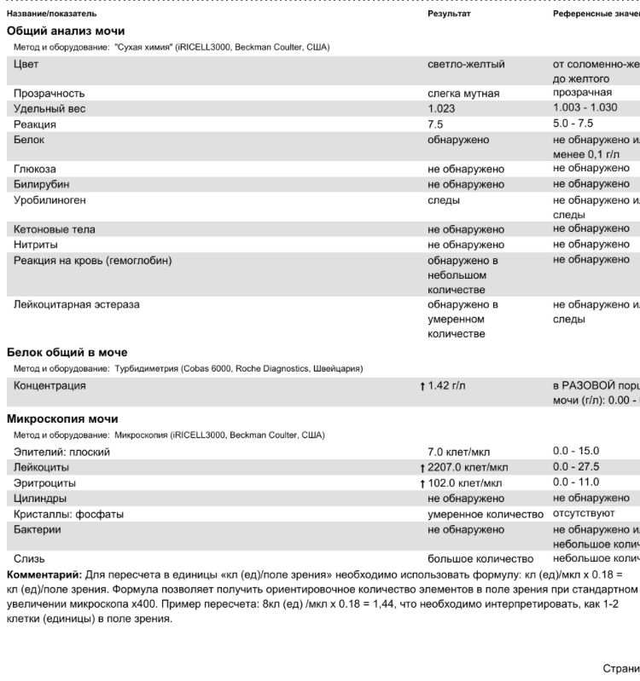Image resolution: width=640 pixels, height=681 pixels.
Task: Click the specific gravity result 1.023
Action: (x=441, y=109)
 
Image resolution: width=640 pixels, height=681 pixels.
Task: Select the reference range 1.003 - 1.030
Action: (x=585, y=108)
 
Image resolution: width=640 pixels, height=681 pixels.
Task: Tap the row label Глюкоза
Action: (x=35, y=169)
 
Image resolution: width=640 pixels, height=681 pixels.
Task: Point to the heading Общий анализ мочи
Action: (x=66, y=31)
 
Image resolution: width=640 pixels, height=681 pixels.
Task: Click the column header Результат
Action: (x=449, y=14)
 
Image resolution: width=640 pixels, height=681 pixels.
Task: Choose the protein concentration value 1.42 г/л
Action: (x=446, y=386)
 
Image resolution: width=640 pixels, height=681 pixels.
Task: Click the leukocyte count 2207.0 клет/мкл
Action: (x=468, y=467)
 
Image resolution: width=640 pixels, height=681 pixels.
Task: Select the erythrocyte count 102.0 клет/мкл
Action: (x=465, y=483)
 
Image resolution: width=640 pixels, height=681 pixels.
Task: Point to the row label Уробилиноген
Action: (x=49, y=200)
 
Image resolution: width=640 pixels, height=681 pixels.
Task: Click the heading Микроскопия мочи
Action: (x=62, y=419)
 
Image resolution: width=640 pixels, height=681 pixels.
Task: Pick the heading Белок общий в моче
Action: (x=67, y=352)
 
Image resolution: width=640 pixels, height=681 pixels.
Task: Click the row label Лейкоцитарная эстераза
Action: (x=77, y=304)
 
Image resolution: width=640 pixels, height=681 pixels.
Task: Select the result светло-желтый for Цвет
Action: (x=466, y=65)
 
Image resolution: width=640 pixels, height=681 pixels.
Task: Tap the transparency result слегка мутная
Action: (x=463, y=93)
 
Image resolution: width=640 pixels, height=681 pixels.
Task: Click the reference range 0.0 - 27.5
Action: (x=576, y=467)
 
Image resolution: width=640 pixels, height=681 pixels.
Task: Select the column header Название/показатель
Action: (x=51, y=14)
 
